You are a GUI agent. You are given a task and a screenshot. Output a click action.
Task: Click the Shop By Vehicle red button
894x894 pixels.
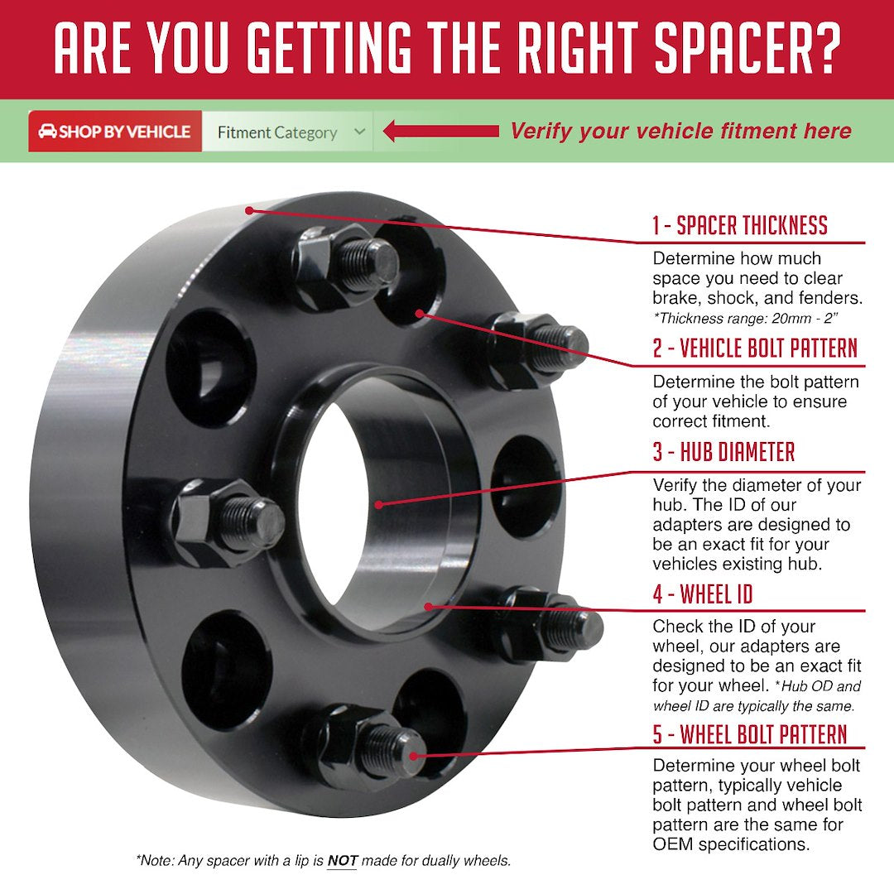(x=115, y=132)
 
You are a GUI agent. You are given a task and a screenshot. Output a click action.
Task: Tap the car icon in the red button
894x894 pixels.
(x=47, y=132)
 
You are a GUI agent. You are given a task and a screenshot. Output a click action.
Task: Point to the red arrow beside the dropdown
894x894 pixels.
(x=440, y=131)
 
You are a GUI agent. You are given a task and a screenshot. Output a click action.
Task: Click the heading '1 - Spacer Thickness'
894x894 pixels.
(x=739, y=226)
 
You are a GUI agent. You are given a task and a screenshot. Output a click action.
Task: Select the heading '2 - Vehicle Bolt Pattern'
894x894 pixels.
(x=755, y=348)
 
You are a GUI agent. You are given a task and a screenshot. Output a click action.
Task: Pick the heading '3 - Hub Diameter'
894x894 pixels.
(x=723, y=453)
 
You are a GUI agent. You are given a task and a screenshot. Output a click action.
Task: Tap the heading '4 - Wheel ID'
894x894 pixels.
(x=703, y=594)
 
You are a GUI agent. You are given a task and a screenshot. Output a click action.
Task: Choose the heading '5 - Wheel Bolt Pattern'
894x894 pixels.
(x=750, y=735)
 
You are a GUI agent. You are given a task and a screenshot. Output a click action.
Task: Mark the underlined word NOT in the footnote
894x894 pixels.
(x=342, y=861)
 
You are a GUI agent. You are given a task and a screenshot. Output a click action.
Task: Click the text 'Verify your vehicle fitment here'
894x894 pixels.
(x=680, y=131)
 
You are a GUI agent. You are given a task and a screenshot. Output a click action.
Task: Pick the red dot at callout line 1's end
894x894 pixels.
(x=249, y=210)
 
